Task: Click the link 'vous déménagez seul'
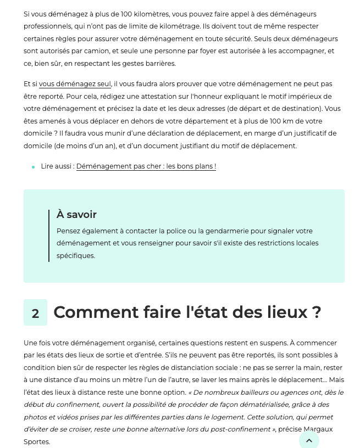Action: point(75,84)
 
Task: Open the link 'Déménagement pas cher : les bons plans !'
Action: point(146,166)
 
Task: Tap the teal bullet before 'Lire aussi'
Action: point(33,167)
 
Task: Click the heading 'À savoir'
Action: point(76,215)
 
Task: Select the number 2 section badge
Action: point(35,313)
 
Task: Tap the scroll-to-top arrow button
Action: point(309,440)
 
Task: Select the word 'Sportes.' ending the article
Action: point(37,442)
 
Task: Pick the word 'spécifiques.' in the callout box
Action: point(76,256)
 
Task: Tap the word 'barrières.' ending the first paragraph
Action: point(159,64)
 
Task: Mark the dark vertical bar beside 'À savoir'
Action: point(49,236)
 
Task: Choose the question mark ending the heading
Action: point(316,312)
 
